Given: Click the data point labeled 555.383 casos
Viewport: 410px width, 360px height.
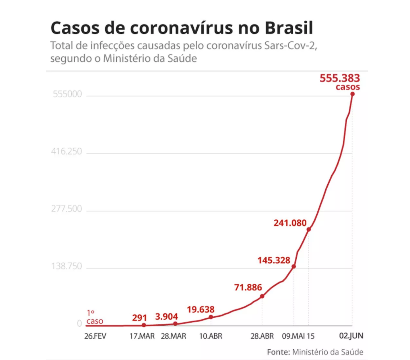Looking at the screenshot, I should click(x=353, y=94).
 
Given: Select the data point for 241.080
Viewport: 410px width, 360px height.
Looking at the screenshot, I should click(x=309, y=229).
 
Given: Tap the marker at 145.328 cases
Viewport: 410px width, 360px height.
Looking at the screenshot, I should click(x=294, y=266).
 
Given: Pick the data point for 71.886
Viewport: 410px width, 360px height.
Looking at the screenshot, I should click(x=262, y=296).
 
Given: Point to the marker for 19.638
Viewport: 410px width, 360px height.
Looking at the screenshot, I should click(x=211, y=317).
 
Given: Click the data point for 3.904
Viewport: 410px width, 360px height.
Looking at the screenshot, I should click(x=175, y=323).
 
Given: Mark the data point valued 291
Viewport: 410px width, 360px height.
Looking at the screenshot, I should click(x=144, y=325).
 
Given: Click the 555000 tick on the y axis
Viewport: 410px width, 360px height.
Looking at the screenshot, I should click(x=67, y=94).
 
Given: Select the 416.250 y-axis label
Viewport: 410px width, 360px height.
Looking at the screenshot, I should click(x=67, y=151).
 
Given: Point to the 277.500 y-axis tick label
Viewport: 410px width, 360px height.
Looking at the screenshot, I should click(x=67, y=209).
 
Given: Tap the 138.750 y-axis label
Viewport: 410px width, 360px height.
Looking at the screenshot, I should click(x=67, y=266).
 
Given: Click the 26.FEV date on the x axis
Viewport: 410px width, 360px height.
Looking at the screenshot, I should click(x=95, y=336).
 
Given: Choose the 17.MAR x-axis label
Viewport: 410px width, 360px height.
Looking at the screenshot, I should click(x=142, y=336).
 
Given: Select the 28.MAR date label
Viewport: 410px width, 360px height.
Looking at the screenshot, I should click(x=173, y=336).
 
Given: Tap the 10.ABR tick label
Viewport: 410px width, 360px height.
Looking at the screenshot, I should click(x=210, y=336).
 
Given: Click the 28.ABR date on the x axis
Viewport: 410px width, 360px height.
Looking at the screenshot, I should click(x=262, y=336).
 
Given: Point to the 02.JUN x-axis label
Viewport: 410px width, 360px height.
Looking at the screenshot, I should click(x=351, y=336).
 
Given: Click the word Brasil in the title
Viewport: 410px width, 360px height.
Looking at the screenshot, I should click(x=289, y=28).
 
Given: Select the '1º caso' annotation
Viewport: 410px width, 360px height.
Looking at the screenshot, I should click(x=94, y=317).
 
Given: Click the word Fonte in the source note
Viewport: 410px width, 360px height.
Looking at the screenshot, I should click(x=278, y=352).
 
